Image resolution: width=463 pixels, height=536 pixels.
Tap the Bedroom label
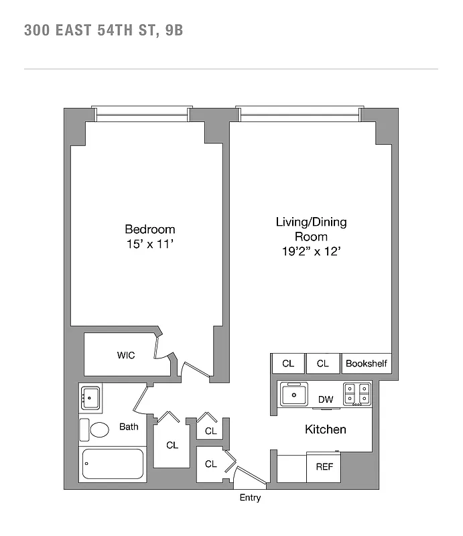click(x=150, y=229)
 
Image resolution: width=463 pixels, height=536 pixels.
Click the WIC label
click(x=126, y=355)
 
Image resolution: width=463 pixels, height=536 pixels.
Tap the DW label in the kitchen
click(x=326, y=400)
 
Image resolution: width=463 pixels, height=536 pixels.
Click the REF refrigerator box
click(x=324, y=467)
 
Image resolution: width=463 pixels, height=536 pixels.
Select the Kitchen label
click(x=326, y=429)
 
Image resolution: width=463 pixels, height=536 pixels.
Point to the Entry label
click(x=250, y=498)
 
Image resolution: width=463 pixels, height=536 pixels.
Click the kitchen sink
click(x=294, y=394)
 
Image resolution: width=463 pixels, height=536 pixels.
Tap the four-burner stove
click(x=357, y=394)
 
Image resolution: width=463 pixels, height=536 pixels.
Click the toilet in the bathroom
click(x=98, y=429)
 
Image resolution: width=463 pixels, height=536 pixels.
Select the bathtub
click(x=113, y=464)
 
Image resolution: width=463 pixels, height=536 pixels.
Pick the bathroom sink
click(x=90, y=399)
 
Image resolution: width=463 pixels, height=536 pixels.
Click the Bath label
click(x=129, y=426)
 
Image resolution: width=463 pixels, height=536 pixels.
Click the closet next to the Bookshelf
click(x=323, y=364)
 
